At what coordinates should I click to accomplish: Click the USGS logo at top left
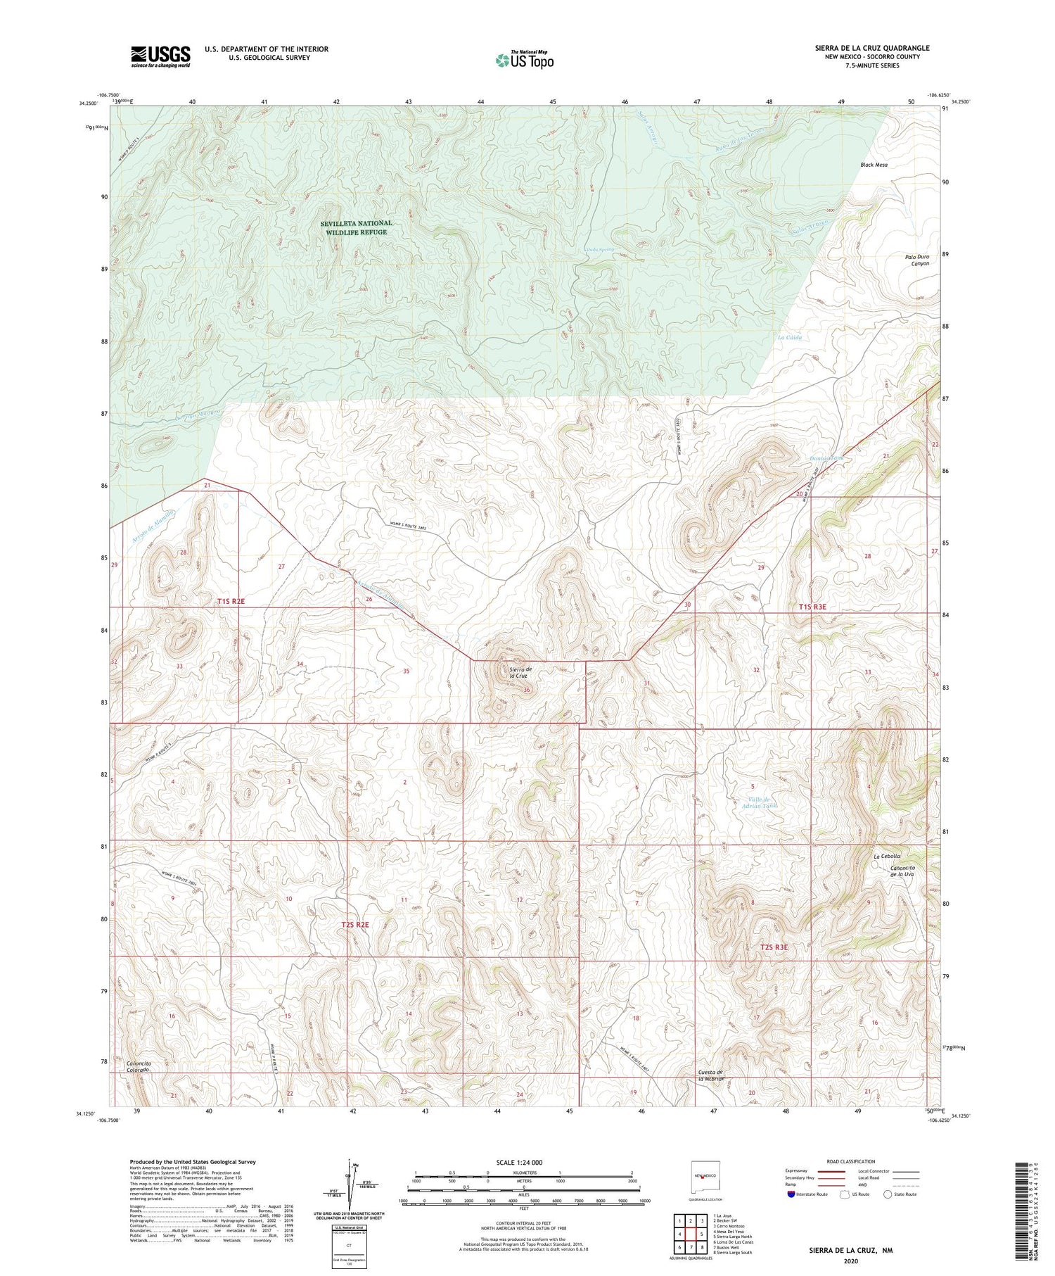click(x=160, y=56)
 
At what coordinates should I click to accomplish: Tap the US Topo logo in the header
click(x=524, y=61)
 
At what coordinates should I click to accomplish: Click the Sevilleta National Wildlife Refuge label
click(x=356, y=227)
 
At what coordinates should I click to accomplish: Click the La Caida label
click(x=789, y=337)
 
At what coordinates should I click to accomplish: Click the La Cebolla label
click(x=886, y=857)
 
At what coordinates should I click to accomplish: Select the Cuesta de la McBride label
click(x=711, y=1075)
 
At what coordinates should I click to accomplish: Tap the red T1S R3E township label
click(x=812, y=606)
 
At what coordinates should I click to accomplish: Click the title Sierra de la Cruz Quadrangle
click(x=872, y=48)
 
